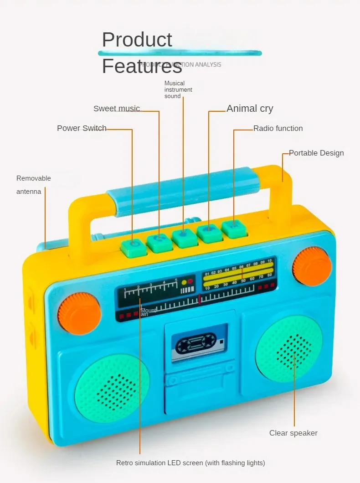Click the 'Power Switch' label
point(82,128)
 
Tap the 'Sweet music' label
point(116,109)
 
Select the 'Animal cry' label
point(250,109)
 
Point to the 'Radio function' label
point(278,129)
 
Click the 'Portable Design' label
point(316,153)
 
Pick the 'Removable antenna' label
point(34,185)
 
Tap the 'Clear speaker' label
point(293,433)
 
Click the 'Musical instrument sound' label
point(178,90)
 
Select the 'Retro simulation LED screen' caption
point(190,463)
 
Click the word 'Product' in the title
point(137,40)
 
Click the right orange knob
point(312,266)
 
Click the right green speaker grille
point(289,349)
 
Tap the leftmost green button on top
point(134,246)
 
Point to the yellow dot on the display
point(184,282)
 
